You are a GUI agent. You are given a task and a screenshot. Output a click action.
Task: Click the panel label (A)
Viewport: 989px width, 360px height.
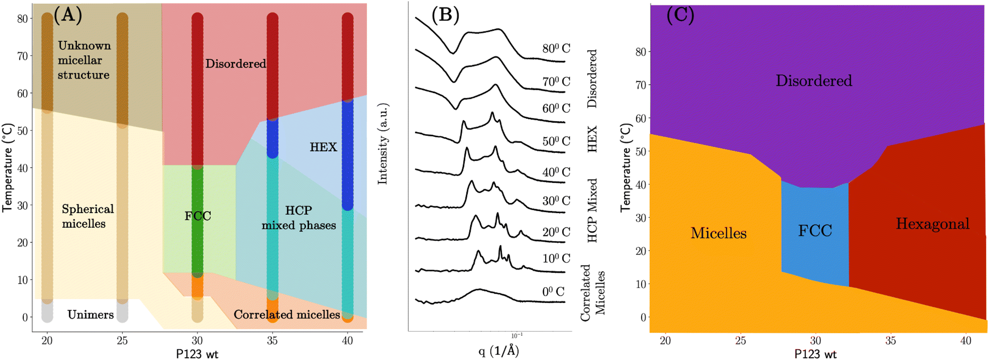click(67, 15)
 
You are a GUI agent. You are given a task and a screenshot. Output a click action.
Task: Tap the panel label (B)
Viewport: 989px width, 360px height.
click(445, 15)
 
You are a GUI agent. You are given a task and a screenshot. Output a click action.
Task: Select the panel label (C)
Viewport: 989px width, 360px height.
click(680, 15)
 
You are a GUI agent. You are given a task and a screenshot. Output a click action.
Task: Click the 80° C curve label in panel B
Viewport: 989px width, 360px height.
click(556, 49)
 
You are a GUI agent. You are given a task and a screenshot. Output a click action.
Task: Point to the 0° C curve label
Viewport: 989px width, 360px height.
click(553, 292)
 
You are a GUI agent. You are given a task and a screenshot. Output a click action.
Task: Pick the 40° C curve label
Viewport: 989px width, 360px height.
click(556, 172)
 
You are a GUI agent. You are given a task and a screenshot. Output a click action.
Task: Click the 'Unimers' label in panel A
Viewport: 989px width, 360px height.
click(91, 315)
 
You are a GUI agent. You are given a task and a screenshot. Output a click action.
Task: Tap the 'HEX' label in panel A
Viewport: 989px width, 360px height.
click(323, 147)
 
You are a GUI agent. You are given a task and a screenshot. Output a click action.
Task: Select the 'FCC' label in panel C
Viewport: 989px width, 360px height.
click(815, 231)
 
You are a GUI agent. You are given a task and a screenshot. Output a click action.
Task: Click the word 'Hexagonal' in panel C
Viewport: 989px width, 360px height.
click(933, 224)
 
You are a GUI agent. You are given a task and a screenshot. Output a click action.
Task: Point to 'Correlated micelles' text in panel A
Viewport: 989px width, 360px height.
click(287, 315)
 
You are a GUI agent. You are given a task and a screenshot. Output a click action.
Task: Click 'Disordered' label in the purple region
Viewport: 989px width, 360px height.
click(814, 81)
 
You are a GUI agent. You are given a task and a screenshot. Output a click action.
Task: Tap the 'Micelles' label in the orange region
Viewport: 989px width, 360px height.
click(718, 234)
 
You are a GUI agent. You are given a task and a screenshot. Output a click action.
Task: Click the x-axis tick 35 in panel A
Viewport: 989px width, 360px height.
click(272, 341)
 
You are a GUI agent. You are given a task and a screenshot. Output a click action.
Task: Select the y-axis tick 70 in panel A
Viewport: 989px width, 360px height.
click(22, 56)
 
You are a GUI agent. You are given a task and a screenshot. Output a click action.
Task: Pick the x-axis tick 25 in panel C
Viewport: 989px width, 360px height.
click(740, 341)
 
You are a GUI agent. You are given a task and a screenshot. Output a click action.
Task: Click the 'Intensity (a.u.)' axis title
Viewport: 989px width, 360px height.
click(383, 144)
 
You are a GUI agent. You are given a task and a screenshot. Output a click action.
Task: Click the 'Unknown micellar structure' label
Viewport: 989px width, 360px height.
click(84, 60)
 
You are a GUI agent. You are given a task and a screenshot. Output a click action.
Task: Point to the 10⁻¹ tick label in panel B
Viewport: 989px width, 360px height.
click(517, 335)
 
